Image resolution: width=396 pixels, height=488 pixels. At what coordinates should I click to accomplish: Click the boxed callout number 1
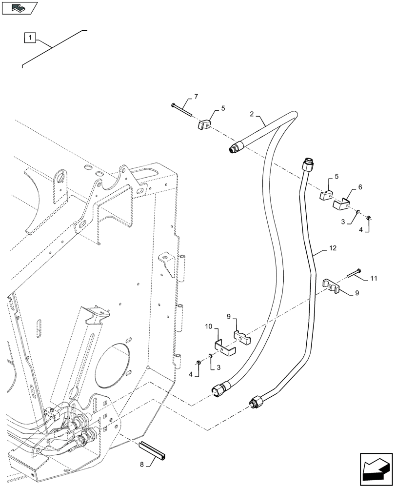click(x=29, y=37)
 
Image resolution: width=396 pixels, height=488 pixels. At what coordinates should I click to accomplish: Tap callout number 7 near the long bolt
click(x=195, y=97)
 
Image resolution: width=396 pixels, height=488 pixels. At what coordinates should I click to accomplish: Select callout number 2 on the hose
click(x=252, y=115)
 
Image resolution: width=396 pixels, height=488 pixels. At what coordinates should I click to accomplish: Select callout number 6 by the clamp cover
click(x=360, y=186)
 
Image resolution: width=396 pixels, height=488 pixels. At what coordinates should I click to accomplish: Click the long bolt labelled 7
click(x=184, y=111)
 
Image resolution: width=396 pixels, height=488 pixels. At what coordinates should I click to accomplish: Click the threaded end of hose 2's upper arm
click(x=235, y=148)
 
